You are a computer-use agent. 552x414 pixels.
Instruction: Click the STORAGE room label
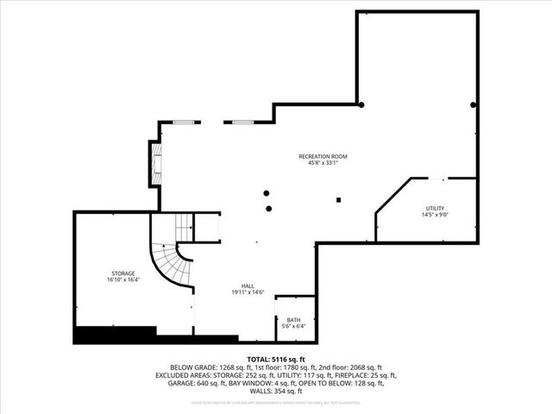click(x=123, y=273)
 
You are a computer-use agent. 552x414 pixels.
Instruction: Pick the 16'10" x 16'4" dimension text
click(x=123, y=280)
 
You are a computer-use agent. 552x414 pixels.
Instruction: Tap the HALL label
click(x=248, y=285)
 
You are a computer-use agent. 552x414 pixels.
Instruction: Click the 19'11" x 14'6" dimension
click(x=248, y=293)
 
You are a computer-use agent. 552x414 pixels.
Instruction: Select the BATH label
click(x=294, y=320)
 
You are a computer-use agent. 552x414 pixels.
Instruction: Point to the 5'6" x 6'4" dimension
click(x=294, y=327)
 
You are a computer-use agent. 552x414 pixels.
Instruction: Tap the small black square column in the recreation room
click(x=339, y=201)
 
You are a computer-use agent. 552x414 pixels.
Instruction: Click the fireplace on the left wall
click(x=156, y=163)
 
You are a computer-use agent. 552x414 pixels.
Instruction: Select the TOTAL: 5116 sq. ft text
click(x=276, y=358)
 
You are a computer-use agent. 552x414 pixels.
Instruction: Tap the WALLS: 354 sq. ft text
click(x=276, y=394)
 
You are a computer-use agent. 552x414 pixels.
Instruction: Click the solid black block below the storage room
click(x=115, y=335)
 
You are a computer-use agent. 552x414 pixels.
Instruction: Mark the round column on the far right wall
click(x=474, y=105)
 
